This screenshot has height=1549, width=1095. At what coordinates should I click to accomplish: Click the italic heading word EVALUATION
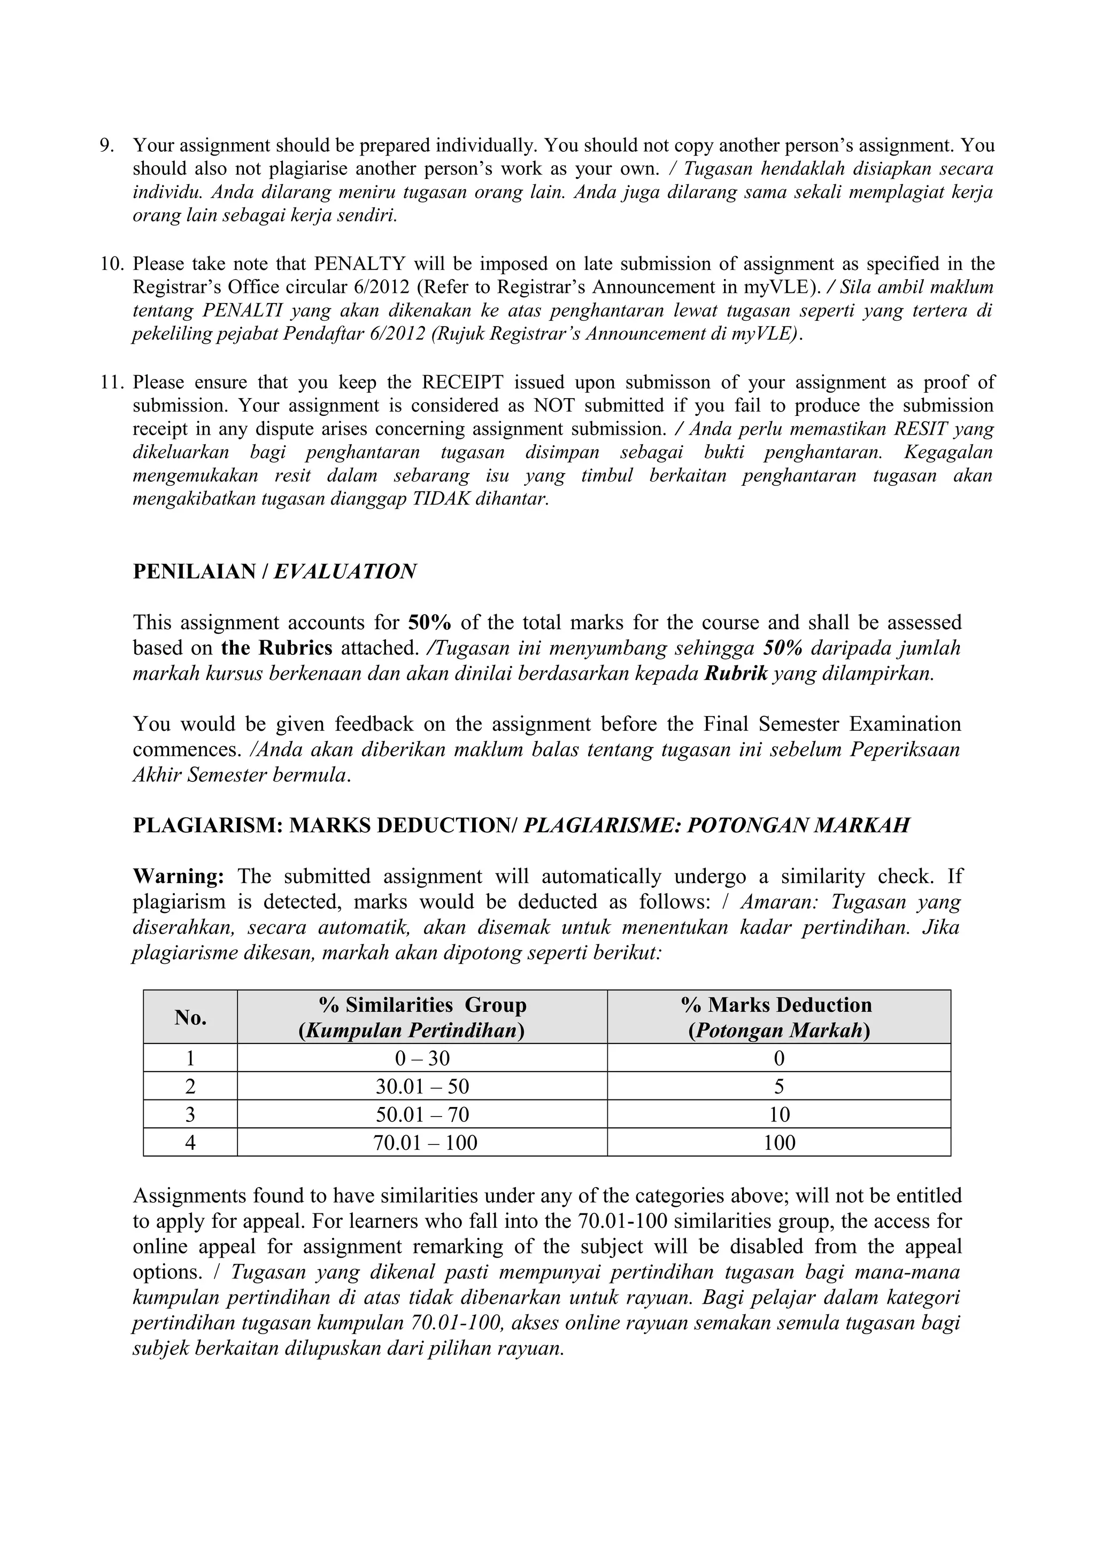pyautogui.click(x=345, y=571)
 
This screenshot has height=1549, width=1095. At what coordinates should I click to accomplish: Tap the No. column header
pyautogui.click(x=190, y=1017)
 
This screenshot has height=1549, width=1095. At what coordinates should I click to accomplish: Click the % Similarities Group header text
pyautogui.click(x=422, y=1005)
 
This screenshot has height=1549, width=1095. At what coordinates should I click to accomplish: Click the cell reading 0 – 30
pyautogui.click(x=422, y=1058)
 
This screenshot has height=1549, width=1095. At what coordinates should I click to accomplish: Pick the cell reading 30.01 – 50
pyautogui.click(x=422, y=1087)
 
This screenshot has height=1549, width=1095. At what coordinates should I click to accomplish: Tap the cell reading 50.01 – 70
pyautogui.click(x=422, y=1114)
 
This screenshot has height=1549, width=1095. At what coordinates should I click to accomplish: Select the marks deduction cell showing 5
pyautogui.click(x=779, y=1087)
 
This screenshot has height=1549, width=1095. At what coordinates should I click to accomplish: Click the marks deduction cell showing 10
pyautogui.click(x=779, y=1114)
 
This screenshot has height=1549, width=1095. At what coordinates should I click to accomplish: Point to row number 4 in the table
pyautogui.click(x=190, y=1143)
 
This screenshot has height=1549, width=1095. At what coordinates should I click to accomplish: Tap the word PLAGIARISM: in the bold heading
pyautogui.click(x=208, y=826)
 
